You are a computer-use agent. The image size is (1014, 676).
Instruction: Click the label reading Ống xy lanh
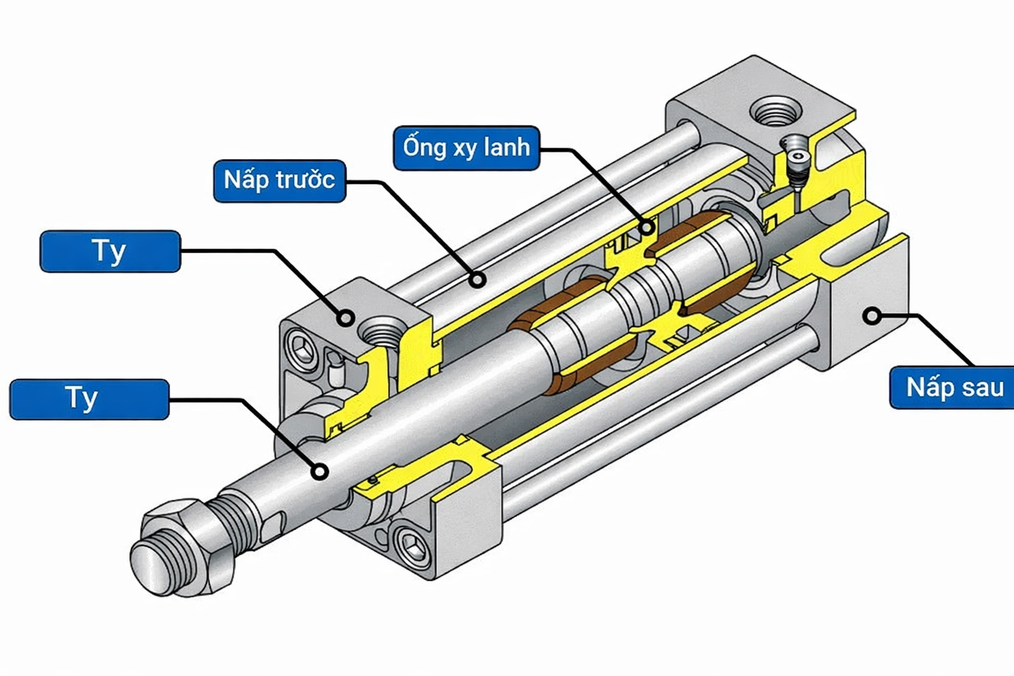click(x=466, y=148)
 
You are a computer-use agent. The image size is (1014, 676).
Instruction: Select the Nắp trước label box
click(x=279, y=180)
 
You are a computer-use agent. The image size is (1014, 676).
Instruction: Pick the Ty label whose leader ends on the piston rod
click(x=89, y=399)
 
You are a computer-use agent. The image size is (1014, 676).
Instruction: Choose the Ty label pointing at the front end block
click(x=110, y=251)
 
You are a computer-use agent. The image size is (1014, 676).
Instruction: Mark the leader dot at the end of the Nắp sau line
click(x=873, y=316)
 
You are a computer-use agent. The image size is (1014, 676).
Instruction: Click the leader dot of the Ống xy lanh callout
click(x=648, y=228)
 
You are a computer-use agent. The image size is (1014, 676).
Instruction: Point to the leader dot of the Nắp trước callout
click(x=478, y=280)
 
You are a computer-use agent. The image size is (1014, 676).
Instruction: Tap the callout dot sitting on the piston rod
click(x=320, y=471)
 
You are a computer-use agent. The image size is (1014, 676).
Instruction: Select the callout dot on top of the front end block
click(x=345, y=318)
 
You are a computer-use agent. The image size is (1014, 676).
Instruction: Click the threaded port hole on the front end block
click(x=382, y=331)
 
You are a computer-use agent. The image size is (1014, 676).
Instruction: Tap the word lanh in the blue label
click(x=506, y=147)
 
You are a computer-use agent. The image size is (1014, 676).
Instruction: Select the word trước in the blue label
click(x=305, y=180)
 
